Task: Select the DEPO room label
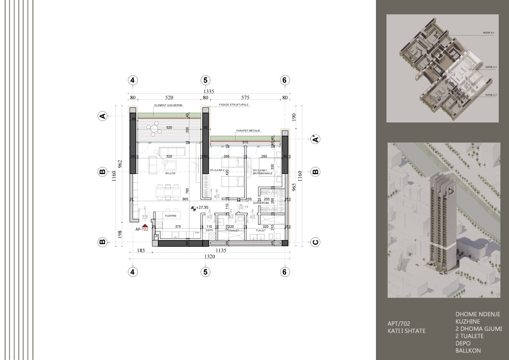point(210,230)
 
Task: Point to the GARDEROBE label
point(260,203)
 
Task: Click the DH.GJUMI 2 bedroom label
point(217,170)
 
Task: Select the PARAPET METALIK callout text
point(248,131)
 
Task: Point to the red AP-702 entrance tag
point(142,229)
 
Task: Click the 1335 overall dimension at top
point(208,92)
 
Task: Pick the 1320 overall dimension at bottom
point(208,257)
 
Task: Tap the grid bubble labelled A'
point(315,139)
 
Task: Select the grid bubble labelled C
point(315,242)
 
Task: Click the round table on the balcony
point(154,127)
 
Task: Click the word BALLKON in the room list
point(468,351)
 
